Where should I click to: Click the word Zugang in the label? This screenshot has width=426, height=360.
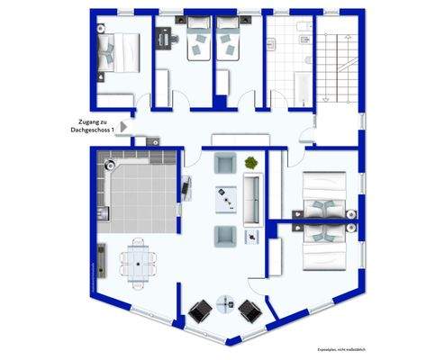coord(86,121)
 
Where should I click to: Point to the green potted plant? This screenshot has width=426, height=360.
coord(250,162)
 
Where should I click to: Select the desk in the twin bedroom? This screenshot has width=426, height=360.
coord(165,39)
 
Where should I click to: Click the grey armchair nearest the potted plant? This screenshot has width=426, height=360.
coord(223,166)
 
